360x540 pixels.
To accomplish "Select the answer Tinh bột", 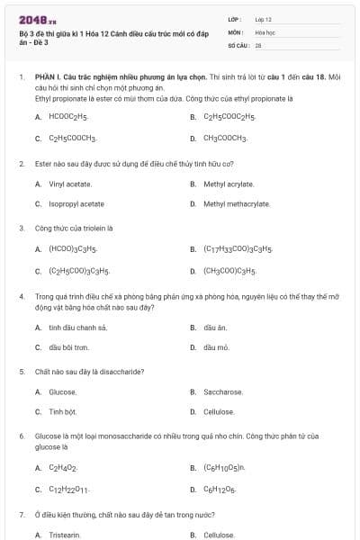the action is click(x=63, y=412).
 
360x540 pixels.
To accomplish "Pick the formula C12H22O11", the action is click(x=69, y=490).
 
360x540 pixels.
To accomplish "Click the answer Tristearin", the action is click(x=65, y=535).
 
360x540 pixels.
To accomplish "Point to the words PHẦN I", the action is click(x=46, y=77).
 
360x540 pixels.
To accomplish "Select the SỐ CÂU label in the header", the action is click(x=238, y=43).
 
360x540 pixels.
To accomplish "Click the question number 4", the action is click(x=21, y=295).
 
